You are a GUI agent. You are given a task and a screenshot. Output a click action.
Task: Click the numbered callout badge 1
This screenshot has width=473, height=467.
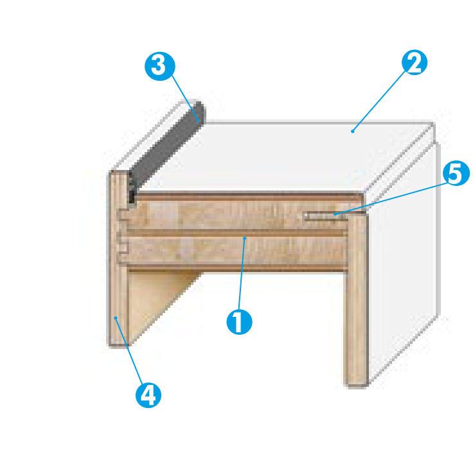click(x=239, y=322)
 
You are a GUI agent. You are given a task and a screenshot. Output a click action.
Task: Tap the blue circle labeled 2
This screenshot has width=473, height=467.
click(x=415, y=62)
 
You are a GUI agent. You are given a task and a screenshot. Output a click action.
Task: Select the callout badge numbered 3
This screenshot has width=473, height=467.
click(x=160, y=66)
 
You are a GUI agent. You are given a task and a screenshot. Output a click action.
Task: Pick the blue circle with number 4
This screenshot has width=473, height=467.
click(x=148, y=395)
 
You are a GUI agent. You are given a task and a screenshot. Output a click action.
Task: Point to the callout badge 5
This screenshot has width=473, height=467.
click(x=456, y=173)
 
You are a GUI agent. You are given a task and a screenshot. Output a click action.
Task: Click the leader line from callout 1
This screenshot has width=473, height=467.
click(x=242, y=274)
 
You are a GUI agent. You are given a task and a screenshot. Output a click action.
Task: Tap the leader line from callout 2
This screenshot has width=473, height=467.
click(x=379, y=101)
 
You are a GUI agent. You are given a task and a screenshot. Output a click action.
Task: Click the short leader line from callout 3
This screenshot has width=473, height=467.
click(x=185, y=98)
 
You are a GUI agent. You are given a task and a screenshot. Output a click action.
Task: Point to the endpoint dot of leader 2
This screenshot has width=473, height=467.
click(x=352, y=132)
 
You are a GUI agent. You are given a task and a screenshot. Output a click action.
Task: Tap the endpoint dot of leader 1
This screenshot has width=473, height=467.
click(x=245, y=238)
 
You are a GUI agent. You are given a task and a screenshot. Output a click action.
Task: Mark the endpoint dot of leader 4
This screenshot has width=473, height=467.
click(x=116, y=318)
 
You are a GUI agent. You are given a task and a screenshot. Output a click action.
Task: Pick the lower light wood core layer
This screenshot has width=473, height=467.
click(x=236, y=251)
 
